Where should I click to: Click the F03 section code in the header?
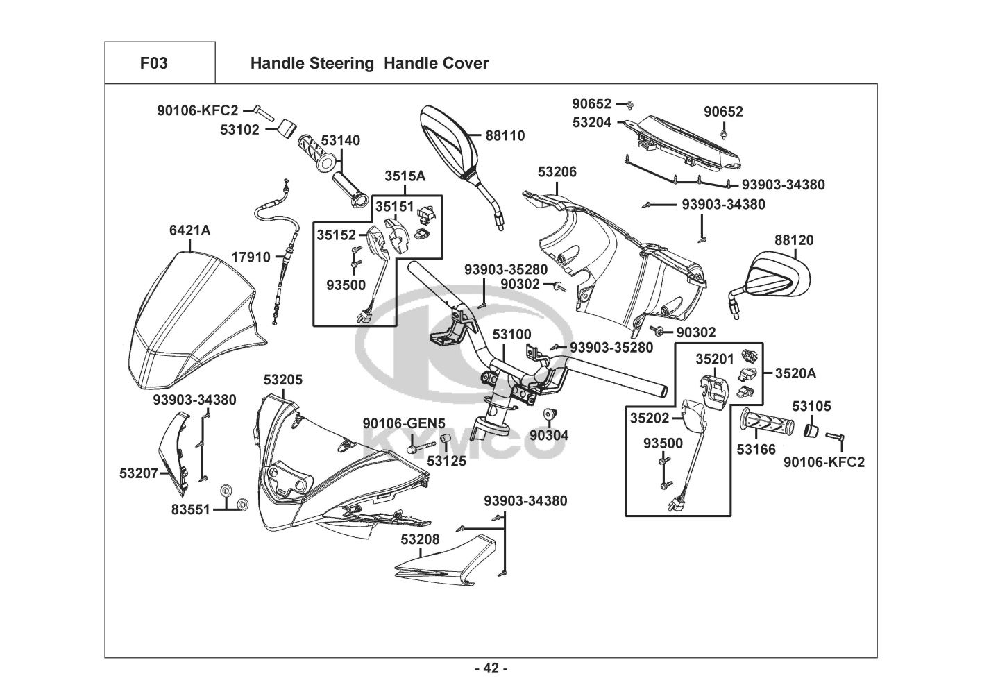tap(153, 63)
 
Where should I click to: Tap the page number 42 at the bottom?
tap(491, 668)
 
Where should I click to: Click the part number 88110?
tap(505, 135)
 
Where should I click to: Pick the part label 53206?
tap(557, 171)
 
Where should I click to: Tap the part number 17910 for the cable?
tap(251, 257)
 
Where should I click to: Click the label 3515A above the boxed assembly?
tap(405, 176)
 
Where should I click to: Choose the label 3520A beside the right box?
tap(795, 373)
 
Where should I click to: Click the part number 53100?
tap(511, 335)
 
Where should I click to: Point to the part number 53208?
tap(420, 538)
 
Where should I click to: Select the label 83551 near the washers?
tap(190, 509)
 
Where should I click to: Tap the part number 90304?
tap(549, 435)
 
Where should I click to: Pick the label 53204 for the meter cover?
tap(592, 122)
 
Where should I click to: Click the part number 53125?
tap(446, 459)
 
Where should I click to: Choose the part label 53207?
tap(139, 473)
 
